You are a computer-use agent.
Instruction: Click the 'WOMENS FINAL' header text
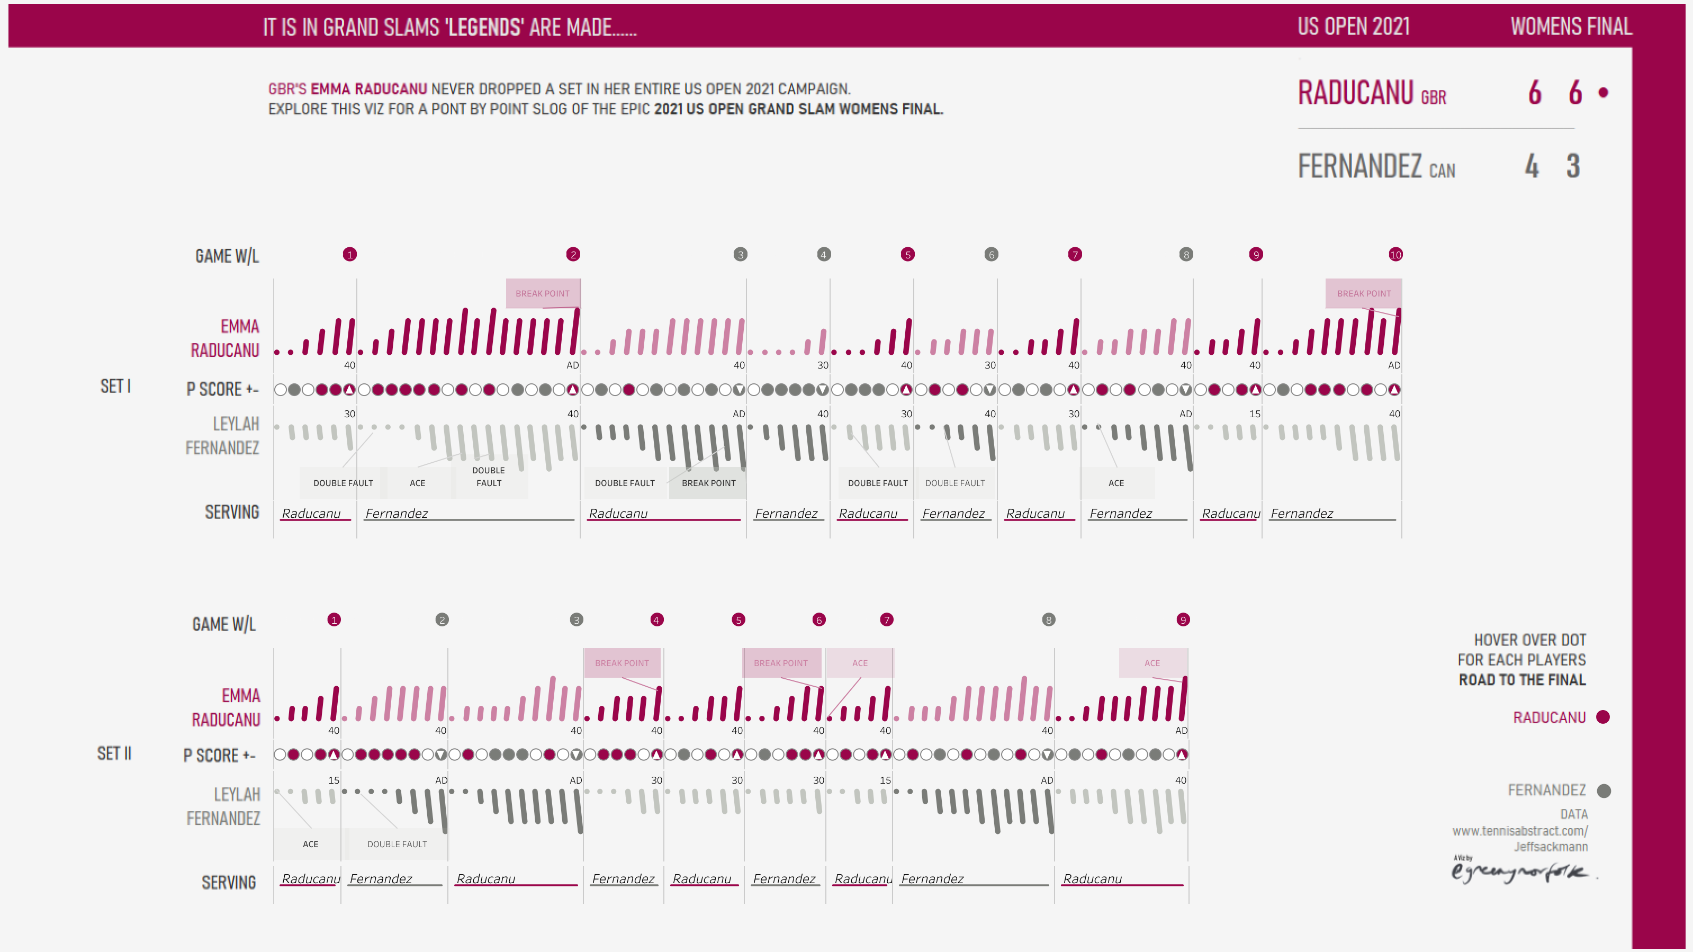click(1571, 26)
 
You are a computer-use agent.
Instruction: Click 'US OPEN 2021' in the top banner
click(1353, 26)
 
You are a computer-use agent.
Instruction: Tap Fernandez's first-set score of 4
click(1532, 166)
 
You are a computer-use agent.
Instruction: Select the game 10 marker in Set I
click(1395, 255)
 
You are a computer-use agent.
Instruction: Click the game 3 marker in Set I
click(740, 255)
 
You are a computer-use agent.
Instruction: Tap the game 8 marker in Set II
click(1048, 619)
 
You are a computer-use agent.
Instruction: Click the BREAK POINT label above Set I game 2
click(542, 293)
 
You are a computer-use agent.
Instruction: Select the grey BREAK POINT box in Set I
click(708, 482)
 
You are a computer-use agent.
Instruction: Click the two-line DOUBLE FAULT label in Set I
click(488, 477)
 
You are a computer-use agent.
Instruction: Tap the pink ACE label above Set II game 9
click(1151, 663)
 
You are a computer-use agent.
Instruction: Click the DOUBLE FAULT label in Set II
click(397, 844)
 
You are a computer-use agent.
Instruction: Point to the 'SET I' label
click(115, 387)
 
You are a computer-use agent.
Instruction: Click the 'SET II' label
click(114, 753)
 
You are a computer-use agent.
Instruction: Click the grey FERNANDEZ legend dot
click(1604, 791)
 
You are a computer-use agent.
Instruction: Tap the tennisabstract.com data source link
click(1519, 831)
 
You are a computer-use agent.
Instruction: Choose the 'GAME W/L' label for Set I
click(227, 256)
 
